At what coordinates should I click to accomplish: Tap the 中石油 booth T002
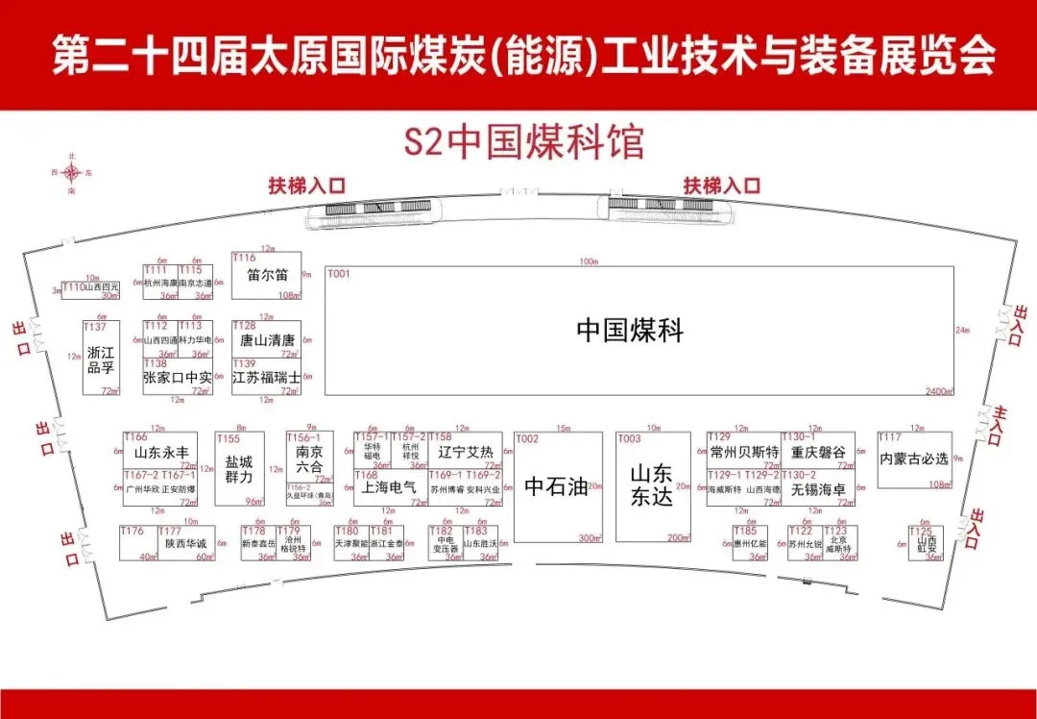point(556,486)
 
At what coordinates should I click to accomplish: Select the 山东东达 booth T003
point(652,486)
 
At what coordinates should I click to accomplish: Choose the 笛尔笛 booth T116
point(266,276)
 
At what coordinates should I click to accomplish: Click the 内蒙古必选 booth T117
point(914,459)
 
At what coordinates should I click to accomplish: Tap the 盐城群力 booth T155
point(239,469)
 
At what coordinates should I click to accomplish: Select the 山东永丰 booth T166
point(160,451)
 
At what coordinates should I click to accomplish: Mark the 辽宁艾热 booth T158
point(465,451)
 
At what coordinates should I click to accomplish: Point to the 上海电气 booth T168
point(390,487)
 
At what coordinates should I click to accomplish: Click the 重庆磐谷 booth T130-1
point(818,451)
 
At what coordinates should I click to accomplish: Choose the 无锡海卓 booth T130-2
point(818,487)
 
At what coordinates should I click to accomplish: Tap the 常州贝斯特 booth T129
point(743,451)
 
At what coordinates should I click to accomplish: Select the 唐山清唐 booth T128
point(266,339)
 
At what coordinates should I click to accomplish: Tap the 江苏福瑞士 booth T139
point(266,377)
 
